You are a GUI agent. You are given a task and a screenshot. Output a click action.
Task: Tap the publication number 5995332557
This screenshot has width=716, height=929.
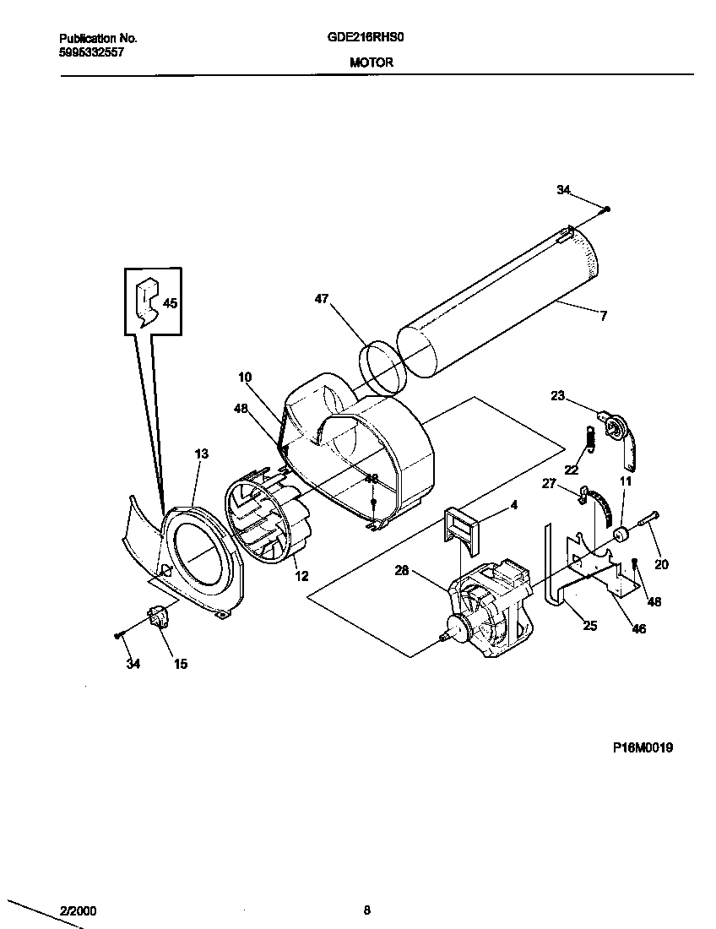pos(92,51)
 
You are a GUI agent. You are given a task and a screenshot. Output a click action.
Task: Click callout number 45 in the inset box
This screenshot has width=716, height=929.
pos(170,303)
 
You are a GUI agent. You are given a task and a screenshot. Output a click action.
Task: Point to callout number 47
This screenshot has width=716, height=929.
pos(322,298)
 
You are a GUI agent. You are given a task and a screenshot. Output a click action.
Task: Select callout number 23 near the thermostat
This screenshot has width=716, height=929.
pos(557,394)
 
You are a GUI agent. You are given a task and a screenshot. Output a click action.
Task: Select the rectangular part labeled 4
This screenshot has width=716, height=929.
pos(458,530)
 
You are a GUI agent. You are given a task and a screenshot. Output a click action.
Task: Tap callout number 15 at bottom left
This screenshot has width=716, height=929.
pos(181,664)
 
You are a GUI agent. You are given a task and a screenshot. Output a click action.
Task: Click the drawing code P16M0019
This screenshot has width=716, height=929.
pos(643,747)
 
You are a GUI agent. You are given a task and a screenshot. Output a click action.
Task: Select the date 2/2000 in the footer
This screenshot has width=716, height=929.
pos(78,911)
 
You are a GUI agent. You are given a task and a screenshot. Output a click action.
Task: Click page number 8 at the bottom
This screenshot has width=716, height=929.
pos(366,910)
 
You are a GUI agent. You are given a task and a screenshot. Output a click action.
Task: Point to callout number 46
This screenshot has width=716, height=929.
pos(638,629)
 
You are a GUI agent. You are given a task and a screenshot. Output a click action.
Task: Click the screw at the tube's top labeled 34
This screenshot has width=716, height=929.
pos(608,209)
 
